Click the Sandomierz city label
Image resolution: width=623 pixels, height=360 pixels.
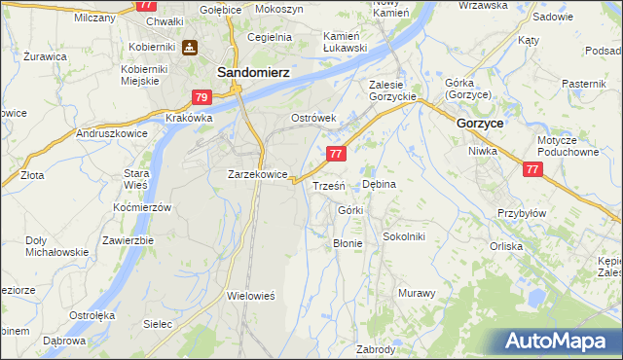click(237, 72)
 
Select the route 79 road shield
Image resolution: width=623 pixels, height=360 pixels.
click(202, 97)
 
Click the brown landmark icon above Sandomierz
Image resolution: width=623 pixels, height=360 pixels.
click(188, 48)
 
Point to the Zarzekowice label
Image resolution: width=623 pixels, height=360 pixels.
click(256, 174)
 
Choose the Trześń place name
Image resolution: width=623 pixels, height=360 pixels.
click(325, 185)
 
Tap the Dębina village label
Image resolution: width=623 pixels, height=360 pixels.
click(379, 183)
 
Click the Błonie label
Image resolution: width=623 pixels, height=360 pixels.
click(348, 243)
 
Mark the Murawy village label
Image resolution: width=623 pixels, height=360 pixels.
click(417, 292)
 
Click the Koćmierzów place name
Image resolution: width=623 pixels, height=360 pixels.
click(142, 207)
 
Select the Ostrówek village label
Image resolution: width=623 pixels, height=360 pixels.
click(313, 118)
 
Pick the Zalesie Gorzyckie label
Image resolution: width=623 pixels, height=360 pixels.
click(393, 90)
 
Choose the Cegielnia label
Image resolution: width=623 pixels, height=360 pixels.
click(270, 37)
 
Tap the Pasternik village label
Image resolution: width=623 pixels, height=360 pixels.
click(583, 85)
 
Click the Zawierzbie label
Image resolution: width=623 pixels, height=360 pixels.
click(128, 240)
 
